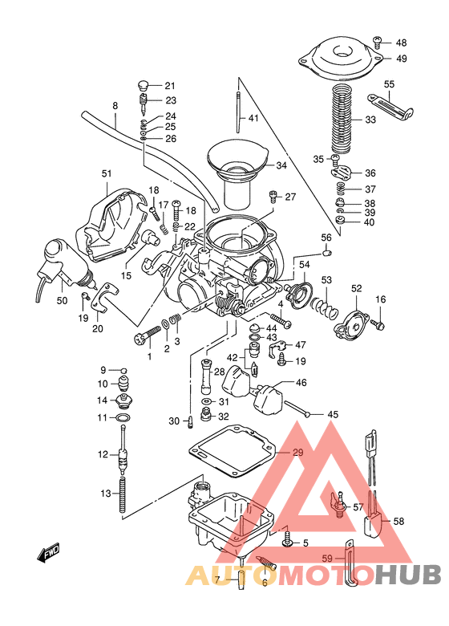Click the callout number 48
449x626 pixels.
click(401, 43)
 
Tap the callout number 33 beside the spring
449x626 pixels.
click(370, 120)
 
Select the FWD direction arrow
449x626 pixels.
click(50, 554)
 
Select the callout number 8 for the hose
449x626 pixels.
click(115, 107)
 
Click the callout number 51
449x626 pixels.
click(107, 173)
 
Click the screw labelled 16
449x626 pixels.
click(381, 325)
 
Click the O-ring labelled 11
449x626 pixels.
click(123, 418)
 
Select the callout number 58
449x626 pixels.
click(398, 521)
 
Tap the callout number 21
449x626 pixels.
click(169, 87)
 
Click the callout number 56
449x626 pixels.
click(326, 238)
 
